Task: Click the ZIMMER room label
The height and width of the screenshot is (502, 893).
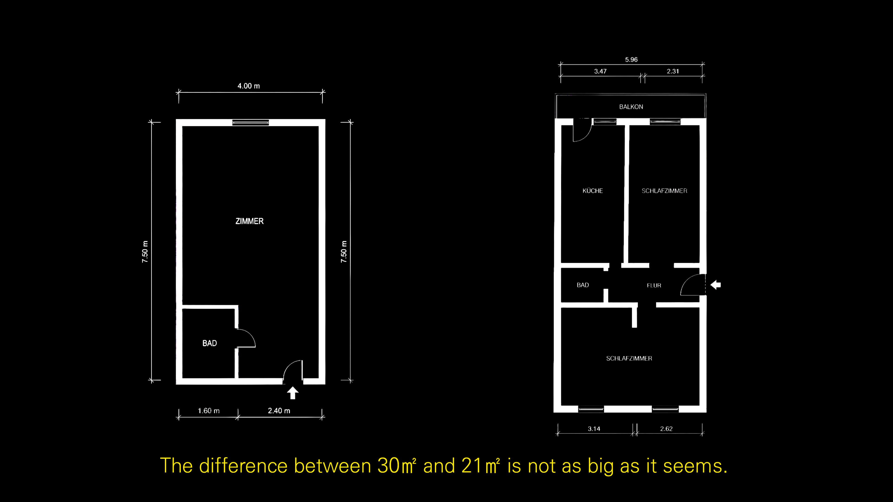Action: [249, 221]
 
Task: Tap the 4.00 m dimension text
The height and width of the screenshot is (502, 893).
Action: [249, 86]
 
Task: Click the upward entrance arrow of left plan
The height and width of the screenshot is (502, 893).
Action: [293, 393]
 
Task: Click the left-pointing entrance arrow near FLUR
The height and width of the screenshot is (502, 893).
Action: [716, 285]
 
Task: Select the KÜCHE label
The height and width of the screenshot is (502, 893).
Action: [593, 191]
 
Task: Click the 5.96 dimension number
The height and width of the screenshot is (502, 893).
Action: [631, 59]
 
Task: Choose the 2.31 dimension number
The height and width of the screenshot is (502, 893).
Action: [673, 71]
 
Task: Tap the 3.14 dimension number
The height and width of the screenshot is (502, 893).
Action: [594, 429]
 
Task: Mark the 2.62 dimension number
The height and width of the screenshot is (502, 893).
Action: [666, 429]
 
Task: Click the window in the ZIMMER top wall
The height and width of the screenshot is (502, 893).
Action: [250, 122]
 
